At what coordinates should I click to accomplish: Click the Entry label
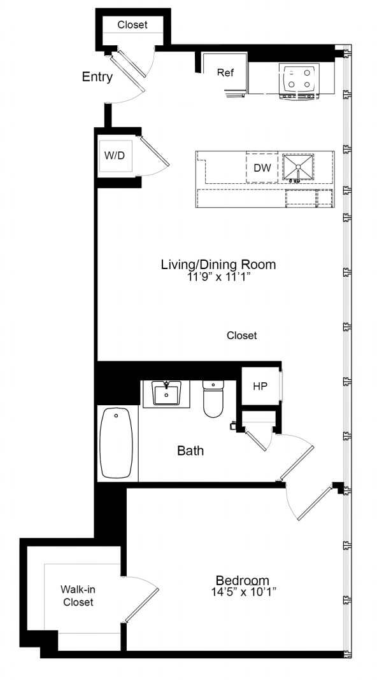click(97, 77)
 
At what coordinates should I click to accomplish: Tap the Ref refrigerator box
click(225, 73)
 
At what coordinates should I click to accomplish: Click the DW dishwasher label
click(262, 168)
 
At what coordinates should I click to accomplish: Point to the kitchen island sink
click(298, 168)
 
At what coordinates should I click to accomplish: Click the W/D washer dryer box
click(115, 155)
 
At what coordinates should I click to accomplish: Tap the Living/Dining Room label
click(218, 265)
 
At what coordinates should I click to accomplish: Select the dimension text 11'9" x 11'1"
click(218, 277)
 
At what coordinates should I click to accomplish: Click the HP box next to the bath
click(260, 386)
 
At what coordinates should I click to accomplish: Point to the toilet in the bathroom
click(213, 399)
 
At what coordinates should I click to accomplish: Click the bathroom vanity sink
click(167, 393)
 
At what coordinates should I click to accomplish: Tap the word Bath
click(190, 451)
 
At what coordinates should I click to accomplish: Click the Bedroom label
click(242, 580)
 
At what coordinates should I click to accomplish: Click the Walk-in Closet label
click(78, 595)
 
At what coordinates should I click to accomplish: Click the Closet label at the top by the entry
click(132, 25)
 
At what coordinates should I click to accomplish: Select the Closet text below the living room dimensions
click(242, 335)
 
